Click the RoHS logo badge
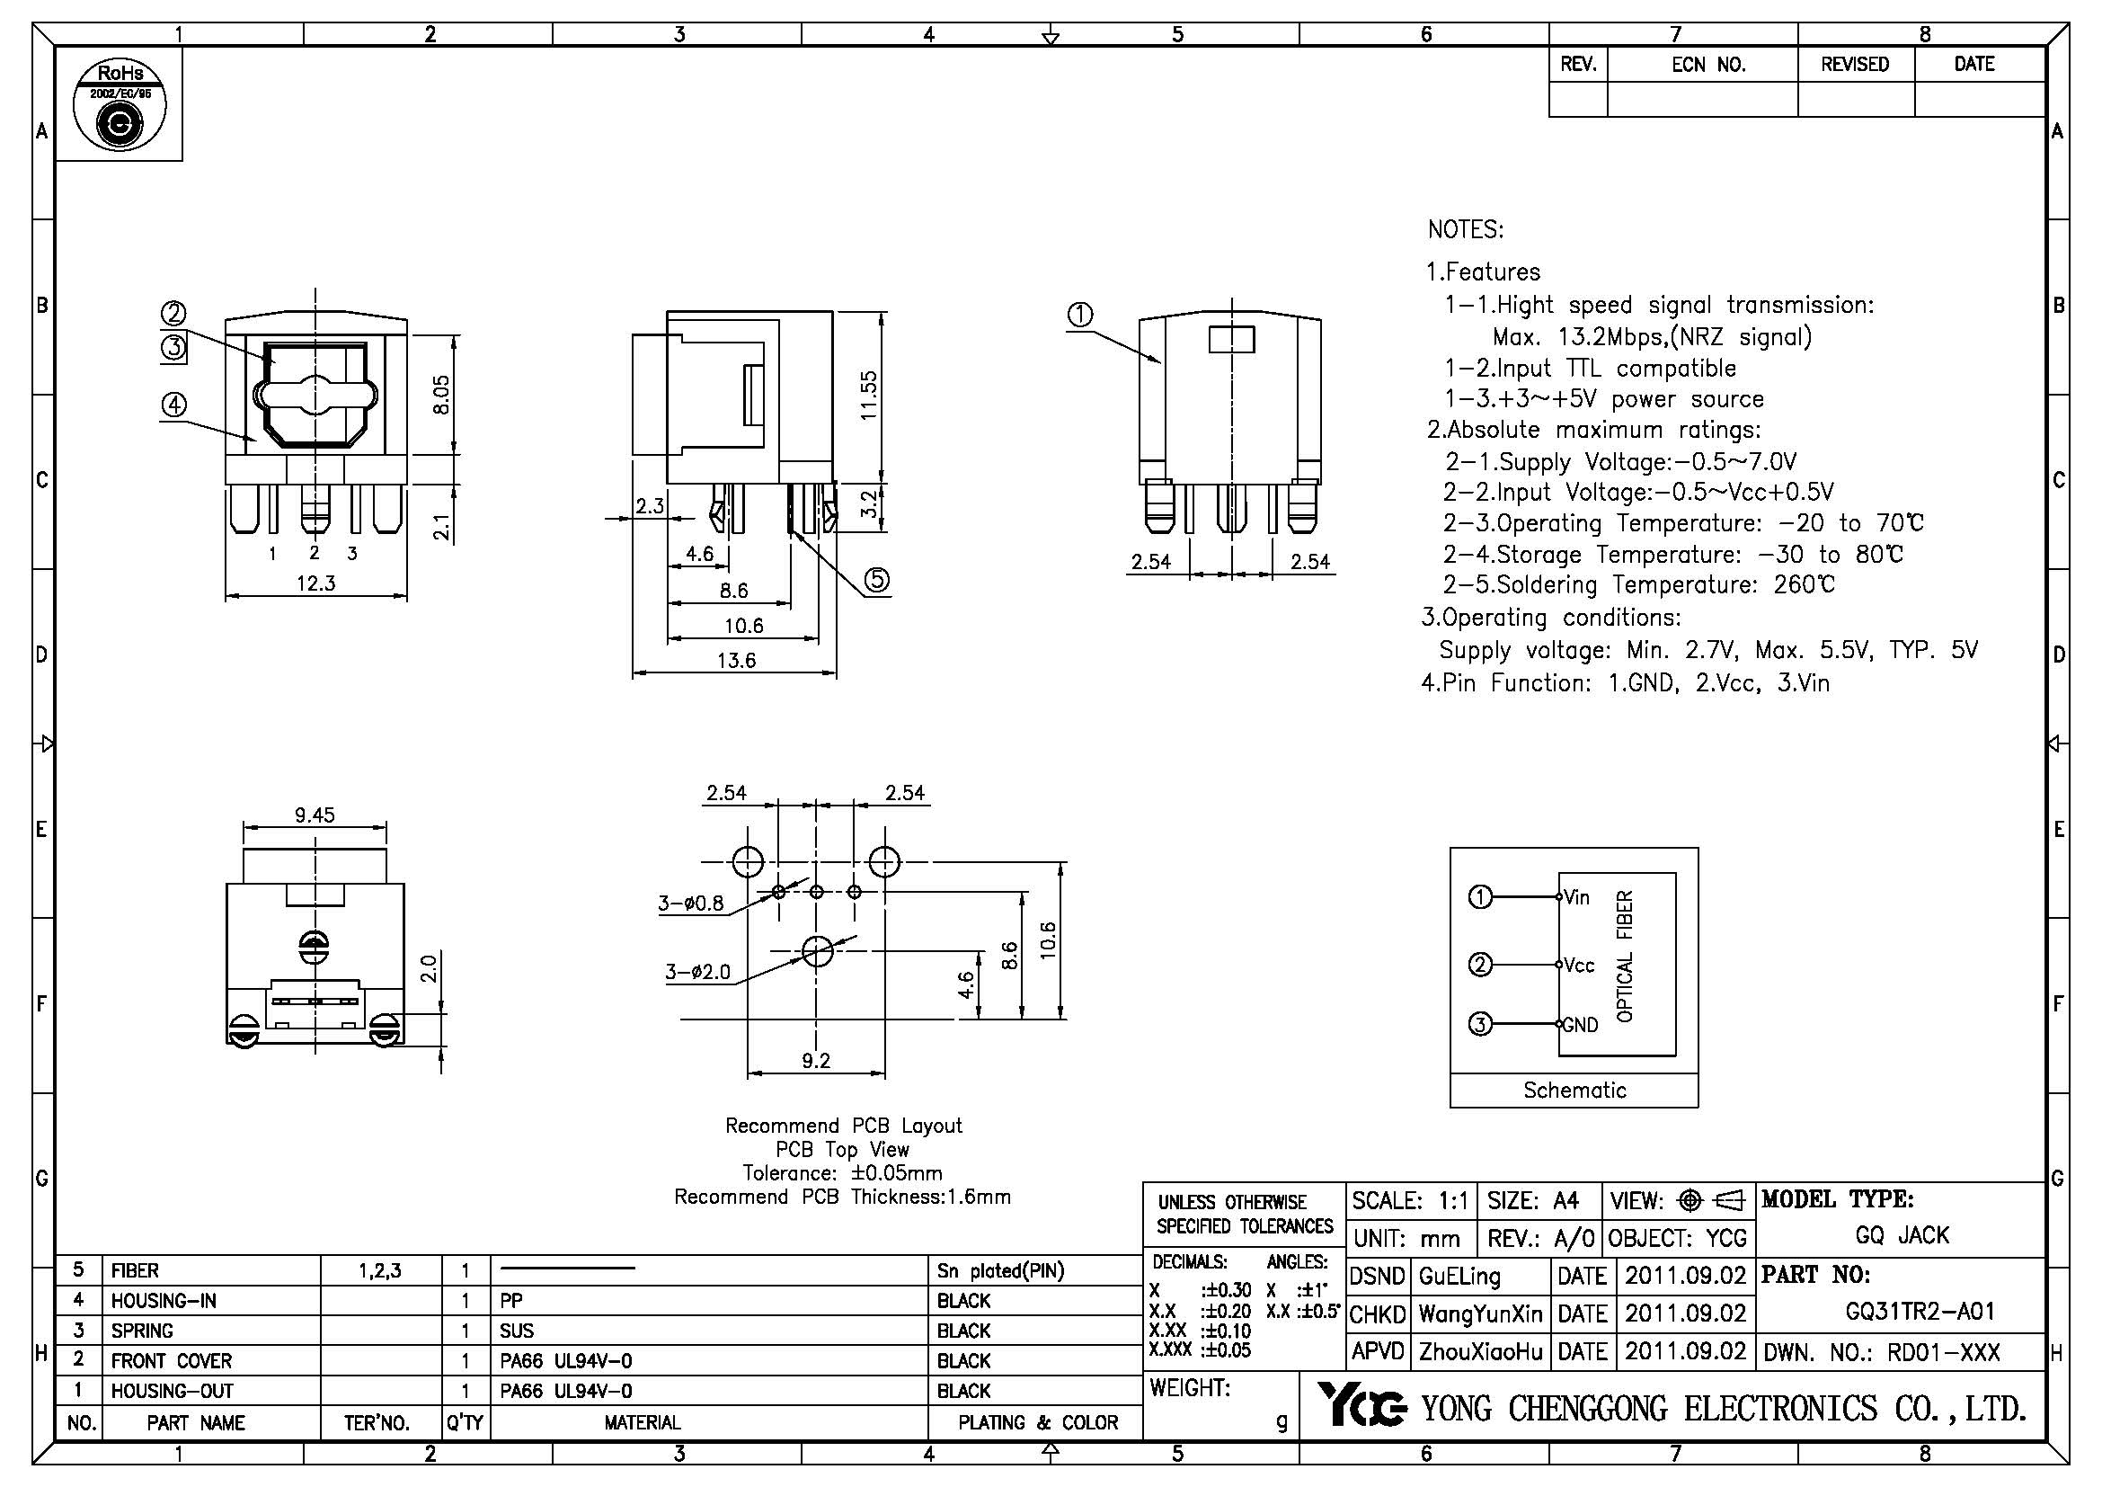coord(119,103)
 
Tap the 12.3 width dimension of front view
coord(315,583)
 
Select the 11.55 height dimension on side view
coord(869,395)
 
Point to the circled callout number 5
coord(877,580)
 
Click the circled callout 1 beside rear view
coord(1080,315)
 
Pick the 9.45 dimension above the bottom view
coord(314,815)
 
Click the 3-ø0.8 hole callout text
coord(690,904)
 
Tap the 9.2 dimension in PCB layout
coord(816,1060)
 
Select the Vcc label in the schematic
coord(1579,965)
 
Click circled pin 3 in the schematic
coord(1480,1024)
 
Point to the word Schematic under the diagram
coord(1574,1090)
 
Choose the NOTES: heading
coord(1465,230)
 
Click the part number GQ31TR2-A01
coord(1920,1311)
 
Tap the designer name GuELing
coord(1459,1276)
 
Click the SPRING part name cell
coord(143,1331)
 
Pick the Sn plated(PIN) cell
coord(1000,1271)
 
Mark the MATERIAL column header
coord(642,1422)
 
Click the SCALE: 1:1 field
coord(1410,1200)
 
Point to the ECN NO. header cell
coord(1708,65)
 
